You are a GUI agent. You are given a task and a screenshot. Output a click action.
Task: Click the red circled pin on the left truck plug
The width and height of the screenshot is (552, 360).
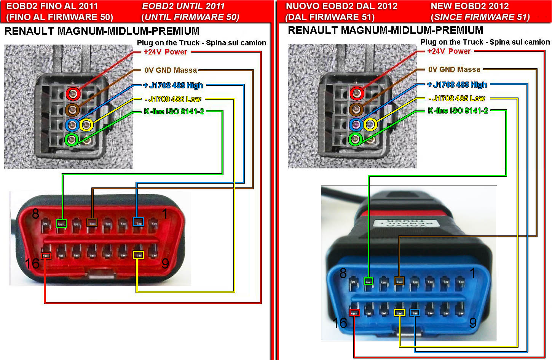coord(73,93)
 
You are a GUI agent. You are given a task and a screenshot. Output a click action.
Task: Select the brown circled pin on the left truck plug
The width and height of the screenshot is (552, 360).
coord(72,110)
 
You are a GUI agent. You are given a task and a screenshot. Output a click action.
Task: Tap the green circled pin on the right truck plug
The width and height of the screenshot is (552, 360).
coord(356,139)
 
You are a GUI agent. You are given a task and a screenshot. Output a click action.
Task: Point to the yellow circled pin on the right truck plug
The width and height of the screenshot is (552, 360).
coord(370,124)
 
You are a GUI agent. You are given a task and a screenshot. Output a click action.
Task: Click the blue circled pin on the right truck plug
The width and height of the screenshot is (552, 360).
coord(356,124)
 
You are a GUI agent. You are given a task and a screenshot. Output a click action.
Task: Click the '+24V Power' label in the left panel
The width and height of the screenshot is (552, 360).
coord(165,52)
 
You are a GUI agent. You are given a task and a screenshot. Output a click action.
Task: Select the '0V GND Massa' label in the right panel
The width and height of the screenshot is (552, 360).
coord(454,69)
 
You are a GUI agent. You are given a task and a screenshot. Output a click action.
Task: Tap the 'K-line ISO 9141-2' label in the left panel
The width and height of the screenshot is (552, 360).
coord(174,111)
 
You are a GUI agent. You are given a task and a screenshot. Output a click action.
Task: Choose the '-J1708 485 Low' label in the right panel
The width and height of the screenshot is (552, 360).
coord(457,98)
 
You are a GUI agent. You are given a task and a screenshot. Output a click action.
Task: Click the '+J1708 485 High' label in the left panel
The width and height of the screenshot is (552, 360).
coord(173,85)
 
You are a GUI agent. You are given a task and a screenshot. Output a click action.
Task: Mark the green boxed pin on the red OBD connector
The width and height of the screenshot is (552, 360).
coord(61,223)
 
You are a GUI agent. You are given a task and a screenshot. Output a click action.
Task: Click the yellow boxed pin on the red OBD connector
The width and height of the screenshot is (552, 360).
coord(138,255)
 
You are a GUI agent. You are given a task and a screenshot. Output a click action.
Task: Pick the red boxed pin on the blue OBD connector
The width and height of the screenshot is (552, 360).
coord(354,313)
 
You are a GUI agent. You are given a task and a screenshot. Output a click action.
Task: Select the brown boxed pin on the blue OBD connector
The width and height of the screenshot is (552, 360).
coord(399,281)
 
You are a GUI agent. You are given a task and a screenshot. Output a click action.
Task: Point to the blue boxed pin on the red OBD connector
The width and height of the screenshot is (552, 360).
coord(138,222)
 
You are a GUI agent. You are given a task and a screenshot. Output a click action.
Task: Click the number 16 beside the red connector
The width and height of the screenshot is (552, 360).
coord(32,263)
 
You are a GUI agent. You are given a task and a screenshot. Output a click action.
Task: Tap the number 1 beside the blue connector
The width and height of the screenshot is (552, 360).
coord(472,273)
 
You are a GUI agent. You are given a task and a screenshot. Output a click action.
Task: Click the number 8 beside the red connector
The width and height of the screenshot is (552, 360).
coord(35,214)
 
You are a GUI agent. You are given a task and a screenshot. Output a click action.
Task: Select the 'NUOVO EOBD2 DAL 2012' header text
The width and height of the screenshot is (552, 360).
coord(341,6)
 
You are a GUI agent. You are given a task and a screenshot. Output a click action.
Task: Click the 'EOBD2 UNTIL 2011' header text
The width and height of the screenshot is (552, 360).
coord(183,6)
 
